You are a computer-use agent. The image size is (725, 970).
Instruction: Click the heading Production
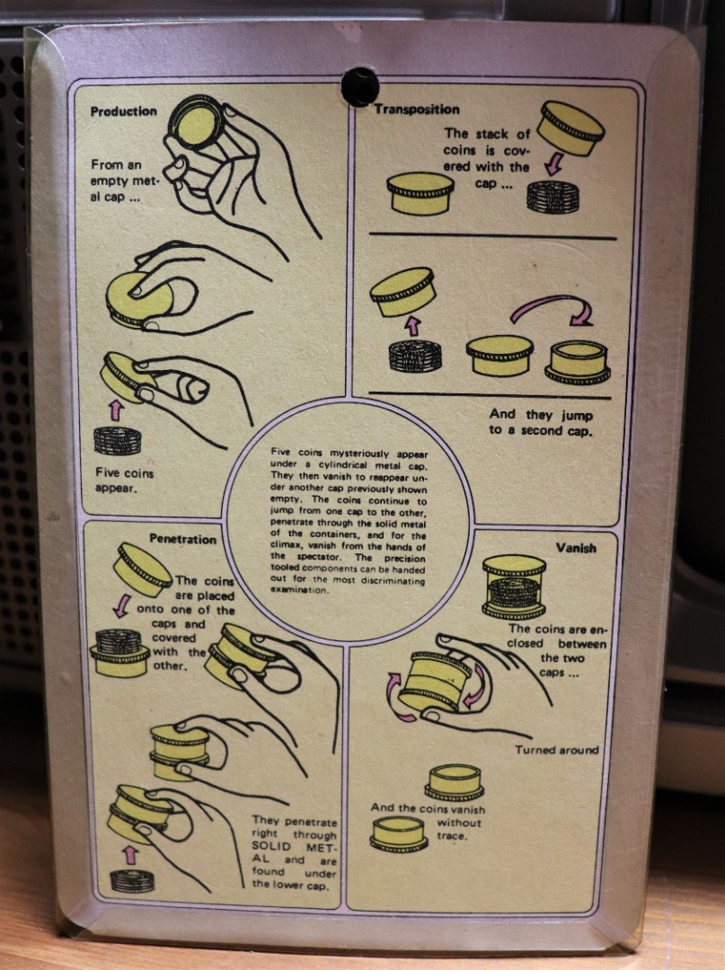[x=124, y=111]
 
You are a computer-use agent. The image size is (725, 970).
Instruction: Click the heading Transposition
[x=417, y=110]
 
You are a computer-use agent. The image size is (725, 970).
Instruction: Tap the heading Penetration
[x=183, y=539]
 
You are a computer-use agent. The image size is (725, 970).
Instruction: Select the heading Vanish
[x=576, y=548]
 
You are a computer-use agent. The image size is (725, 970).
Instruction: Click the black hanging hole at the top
[x=359, y=87]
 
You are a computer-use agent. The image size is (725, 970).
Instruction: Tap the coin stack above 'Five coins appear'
[x=118, y=440]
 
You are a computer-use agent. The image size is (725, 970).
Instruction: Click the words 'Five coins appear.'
[x=124, y=481]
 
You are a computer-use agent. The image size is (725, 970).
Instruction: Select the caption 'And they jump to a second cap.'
[x=541, y=422]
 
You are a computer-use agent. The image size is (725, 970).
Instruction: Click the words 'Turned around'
[x=557, y=750]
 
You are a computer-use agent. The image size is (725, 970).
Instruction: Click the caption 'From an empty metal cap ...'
[x=124, y=181]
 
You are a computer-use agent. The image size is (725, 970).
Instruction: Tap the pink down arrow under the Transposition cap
[x=554, y=163]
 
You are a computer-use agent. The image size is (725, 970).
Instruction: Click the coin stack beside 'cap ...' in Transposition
[x=553, y=197]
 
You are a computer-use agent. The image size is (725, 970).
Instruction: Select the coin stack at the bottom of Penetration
[x=132, y=880]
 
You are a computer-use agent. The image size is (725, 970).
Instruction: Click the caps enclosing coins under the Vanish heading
[x=514, y=586]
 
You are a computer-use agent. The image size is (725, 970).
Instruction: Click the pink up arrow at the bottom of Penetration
[x=129, y=855]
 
